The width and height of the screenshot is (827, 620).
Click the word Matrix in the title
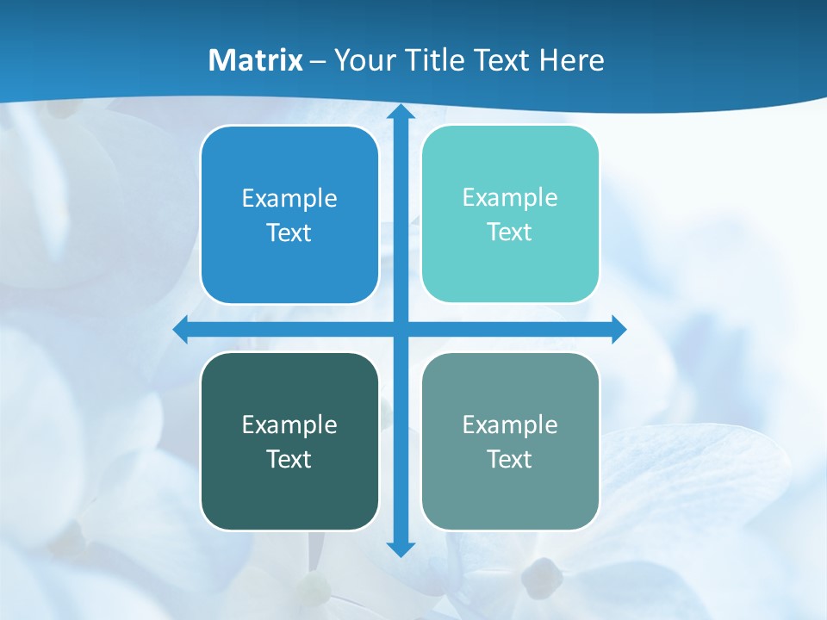256,60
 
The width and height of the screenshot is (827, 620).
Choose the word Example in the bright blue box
289,199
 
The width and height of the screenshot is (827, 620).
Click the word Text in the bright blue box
289,233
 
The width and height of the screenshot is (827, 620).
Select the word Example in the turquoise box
510,198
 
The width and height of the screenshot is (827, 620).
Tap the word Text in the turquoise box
510,232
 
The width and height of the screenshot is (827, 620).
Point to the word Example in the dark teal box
289,425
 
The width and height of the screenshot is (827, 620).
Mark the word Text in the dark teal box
289,460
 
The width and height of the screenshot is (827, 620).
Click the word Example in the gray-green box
510,425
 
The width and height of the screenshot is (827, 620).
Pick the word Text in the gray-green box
510,460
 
